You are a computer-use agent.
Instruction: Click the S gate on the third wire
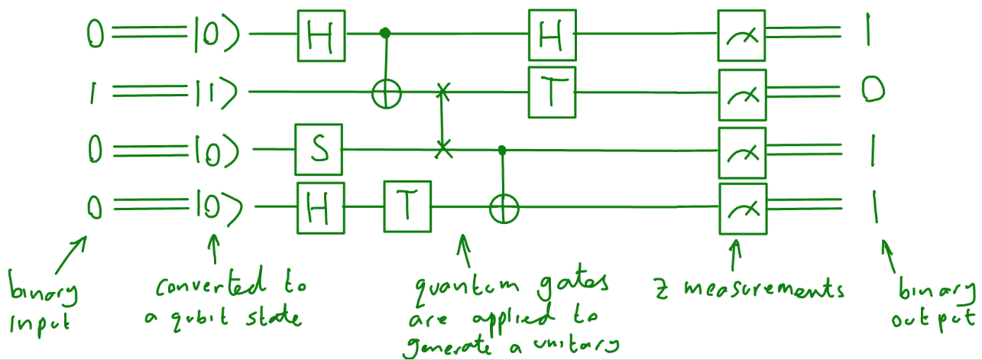[x=319, y=149]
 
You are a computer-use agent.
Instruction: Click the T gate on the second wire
[x=552, y=91]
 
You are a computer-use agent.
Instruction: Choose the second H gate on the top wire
[x=552, y=34]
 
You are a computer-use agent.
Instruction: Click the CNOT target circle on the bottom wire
[x=503, y=206]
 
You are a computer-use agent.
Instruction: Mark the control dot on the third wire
[x=502, y=149]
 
